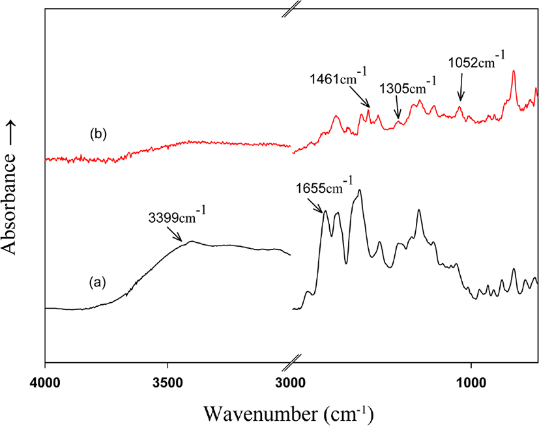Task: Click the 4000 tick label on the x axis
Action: coord(45,383)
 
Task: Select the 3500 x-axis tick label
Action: coord(168,383)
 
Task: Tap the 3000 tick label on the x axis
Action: coord(291,383)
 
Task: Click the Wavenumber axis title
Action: coord(288,413)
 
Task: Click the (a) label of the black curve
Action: coord(97,283)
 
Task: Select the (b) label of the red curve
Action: coord(98,134)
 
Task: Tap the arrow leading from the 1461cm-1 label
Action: coord(360,97)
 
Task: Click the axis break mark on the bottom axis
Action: coord(291,362)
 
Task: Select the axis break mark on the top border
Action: coord(291,8)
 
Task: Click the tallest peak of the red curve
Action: coord(514,71)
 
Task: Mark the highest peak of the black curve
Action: coord(360,190)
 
